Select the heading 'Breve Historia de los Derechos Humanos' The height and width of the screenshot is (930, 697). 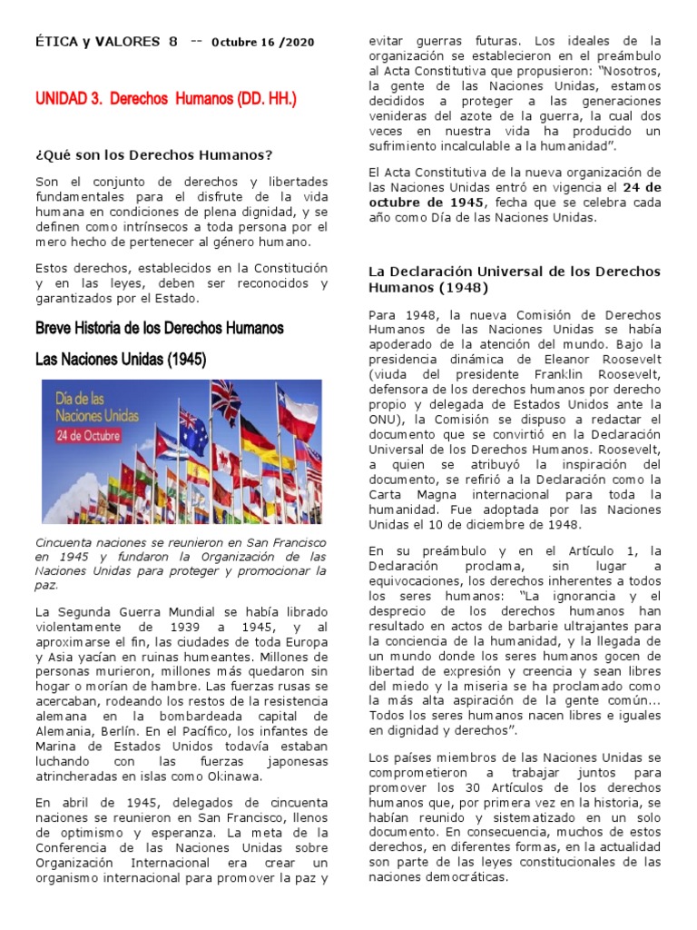point(160,327)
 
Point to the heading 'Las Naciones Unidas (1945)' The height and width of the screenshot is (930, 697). point(121,360)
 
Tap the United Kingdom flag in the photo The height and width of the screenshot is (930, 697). point(227,399)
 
